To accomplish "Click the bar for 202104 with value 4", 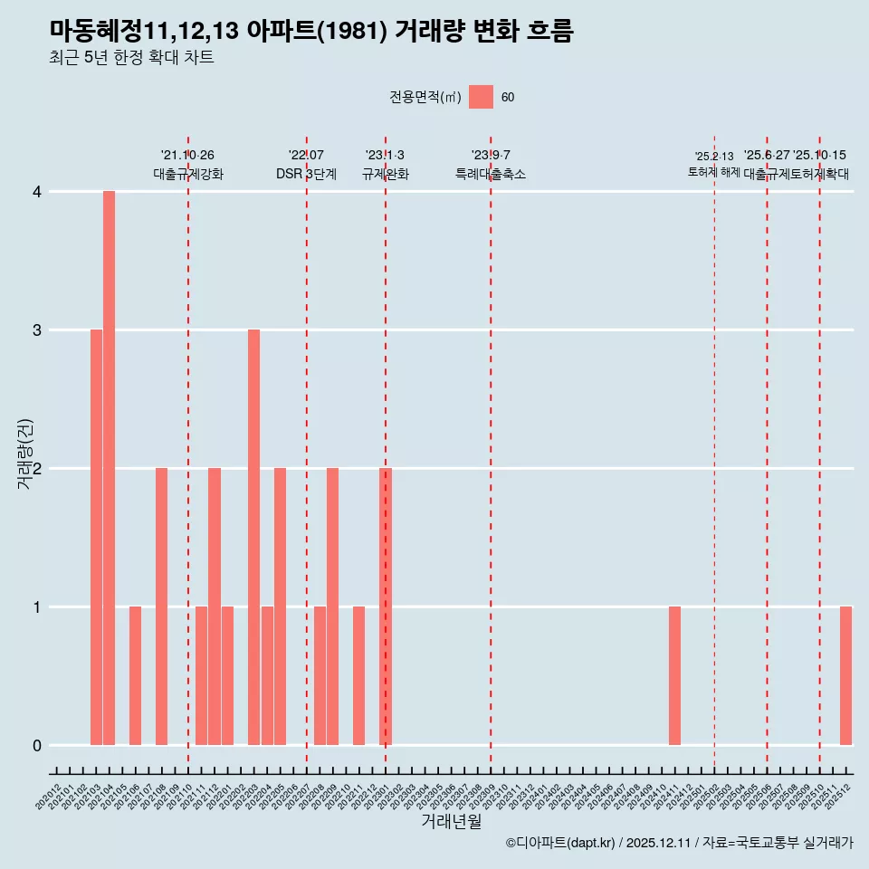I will [x=109, y=468].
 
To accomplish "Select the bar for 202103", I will [x=96, y=537].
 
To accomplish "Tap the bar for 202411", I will [x=674, y=675].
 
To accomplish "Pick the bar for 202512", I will [x=845, y=675].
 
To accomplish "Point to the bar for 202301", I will [x=386, y=606].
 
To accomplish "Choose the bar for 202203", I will [x=253, y=537].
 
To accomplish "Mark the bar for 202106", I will [x=135, y=675].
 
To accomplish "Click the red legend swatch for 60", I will [x=481, y=97].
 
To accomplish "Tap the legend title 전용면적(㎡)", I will [x=425, y=98].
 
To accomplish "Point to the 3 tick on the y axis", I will [x=37, y=329].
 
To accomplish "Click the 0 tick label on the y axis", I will [x=37, y=745].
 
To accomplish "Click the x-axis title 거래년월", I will [x=451, y=821].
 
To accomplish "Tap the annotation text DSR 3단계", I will [x=306, y=174].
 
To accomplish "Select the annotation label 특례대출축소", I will [x=490, y=174].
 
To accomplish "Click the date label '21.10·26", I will [x=187, y=155].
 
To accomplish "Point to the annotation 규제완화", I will [x=386, y=174].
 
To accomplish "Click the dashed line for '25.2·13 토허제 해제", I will [x=714, y=453].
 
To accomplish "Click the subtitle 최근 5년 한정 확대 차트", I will [x=132, y=58].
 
